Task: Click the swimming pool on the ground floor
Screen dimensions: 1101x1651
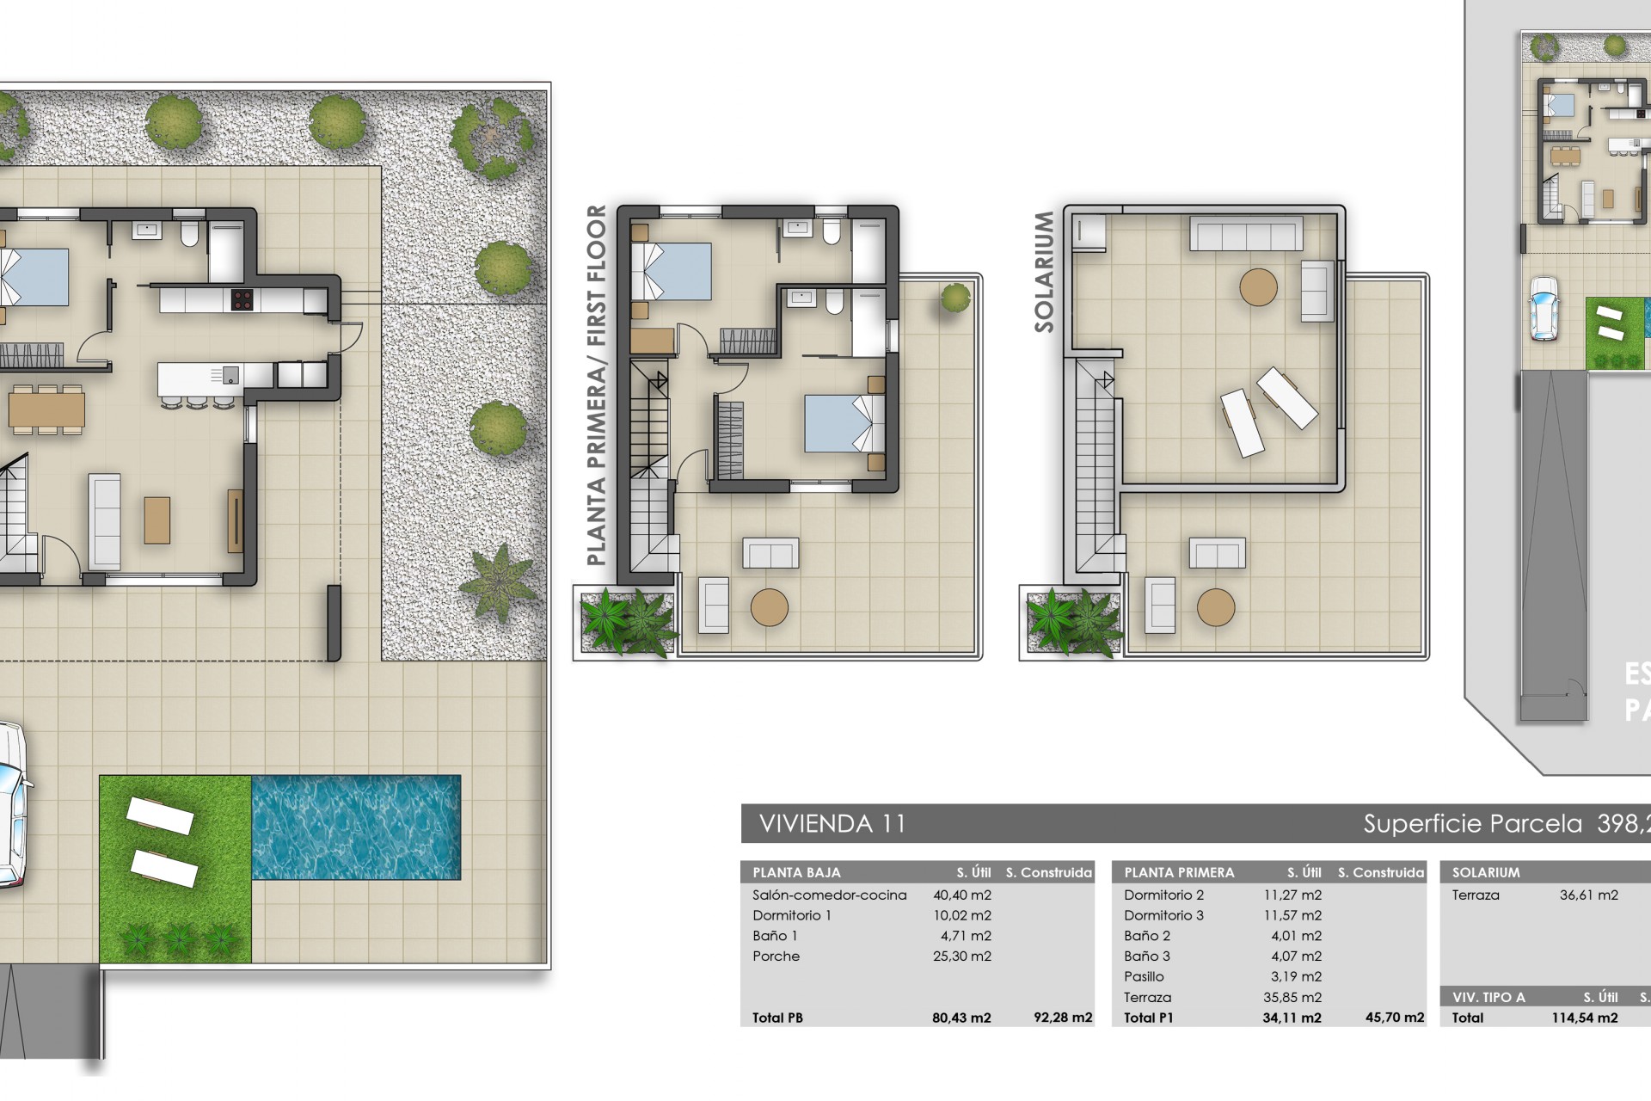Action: pos(356,827)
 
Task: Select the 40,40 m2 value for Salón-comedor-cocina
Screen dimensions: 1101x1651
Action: pos(961,895)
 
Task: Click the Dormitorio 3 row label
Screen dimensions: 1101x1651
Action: pos(1163,915)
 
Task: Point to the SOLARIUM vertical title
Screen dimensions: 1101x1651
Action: pos(1044,272)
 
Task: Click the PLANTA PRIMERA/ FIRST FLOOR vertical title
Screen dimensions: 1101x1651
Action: pos(596,384)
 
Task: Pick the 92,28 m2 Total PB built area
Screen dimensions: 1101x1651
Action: pos(1063,1018)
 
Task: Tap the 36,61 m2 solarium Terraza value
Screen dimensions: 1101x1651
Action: pos(1588,895)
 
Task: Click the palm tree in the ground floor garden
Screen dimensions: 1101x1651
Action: pos(499,582)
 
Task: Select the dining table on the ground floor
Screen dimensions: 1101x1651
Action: pos(47,409)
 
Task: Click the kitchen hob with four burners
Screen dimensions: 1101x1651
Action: pos(242,299)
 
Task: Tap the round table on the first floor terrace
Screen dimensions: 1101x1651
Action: pos(769,607)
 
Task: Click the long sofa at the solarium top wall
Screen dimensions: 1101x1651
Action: pos(1246,233)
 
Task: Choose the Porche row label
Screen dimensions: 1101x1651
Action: pos(776,956)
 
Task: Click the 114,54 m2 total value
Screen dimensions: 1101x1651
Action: pos(1584,1018)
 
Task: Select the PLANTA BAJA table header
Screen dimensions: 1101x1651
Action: pos(796,872)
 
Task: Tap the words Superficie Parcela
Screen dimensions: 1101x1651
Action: pos(1472,824)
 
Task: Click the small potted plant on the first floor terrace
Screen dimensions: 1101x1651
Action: pos(954,298)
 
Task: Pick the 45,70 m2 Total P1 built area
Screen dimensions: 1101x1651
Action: pos(1394,1018)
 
